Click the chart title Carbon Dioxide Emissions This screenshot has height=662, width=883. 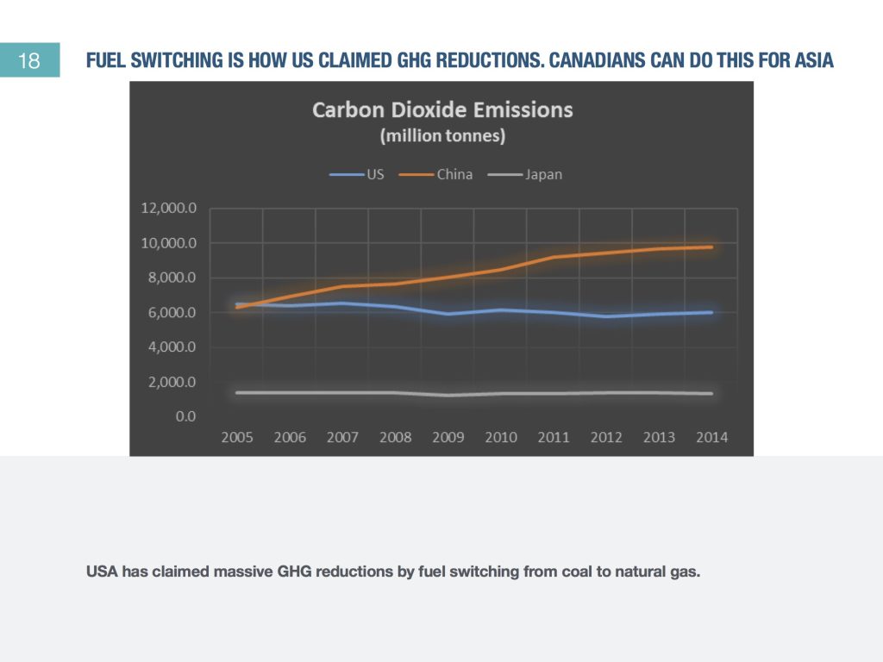[x=442, y=110]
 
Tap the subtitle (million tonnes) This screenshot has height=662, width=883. [x=442, y=136]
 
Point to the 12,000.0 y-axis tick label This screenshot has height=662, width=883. [x=168, y=209]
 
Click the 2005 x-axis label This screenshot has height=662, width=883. [x=237, y=437]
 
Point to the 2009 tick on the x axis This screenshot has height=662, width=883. [x=448, y=437]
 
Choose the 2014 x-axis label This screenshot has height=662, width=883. [x=711, y=437]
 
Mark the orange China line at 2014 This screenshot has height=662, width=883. [x=711, y=247]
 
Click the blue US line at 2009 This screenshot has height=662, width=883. [x=448, y=314]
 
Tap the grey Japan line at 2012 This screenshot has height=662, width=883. [x=605, y=393]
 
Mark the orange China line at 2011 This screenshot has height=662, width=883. [x=553, y=257]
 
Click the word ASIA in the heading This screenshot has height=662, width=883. [x=814, y=62]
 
